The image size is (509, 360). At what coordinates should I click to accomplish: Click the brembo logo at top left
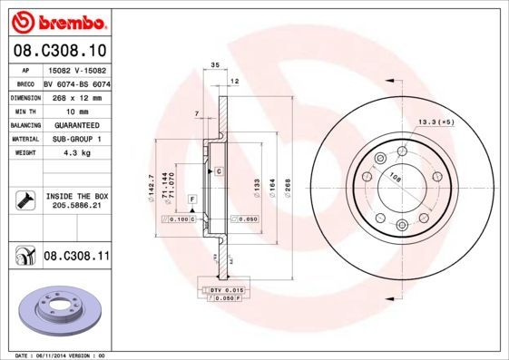click(57, 20)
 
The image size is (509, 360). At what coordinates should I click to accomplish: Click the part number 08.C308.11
click(76, 257)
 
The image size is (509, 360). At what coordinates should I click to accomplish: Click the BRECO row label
click(24, 83)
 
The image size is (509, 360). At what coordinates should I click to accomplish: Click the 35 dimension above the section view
click(215, 65)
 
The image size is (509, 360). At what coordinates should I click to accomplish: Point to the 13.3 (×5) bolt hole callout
click(435, 122)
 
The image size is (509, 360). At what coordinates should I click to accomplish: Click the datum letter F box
click(192, 198)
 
